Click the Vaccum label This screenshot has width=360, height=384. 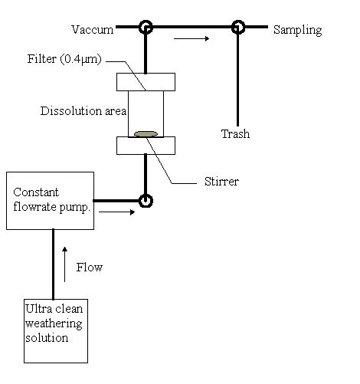click(92, 30)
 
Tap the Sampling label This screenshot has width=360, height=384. click(297, 30)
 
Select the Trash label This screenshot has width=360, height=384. click(235, 134)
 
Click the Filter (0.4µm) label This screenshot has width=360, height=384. click(64, 59)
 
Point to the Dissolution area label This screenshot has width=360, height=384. click(83, 111)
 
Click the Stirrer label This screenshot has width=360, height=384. click(221, 182)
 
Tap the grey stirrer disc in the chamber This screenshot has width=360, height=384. click(146, 134)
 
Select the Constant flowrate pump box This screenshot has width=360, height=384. click(50, 201)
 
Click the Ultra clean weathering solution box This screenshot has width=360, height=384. click(56, 331)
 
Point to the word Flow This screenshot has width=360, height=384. click(90, 267)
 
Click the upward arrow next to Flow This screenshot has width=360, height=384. click(65, 264)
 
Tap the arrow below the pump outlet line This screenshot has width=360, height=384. click(116, 212)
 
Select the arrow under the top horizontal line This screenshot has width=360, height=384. click(191, 38)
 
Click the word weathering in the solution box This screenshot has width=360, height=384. click(54, 324)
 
